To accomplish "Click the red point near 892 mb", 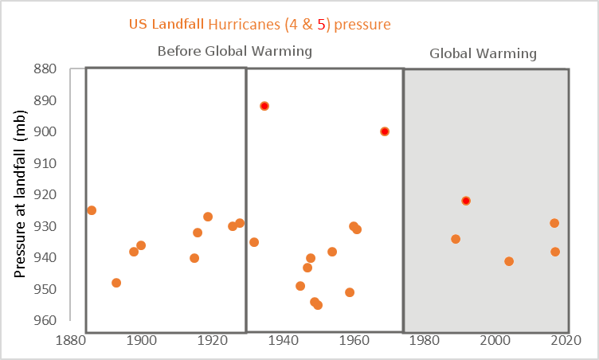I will click(264, 106).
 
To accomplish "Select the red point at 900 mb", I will click(385, 131).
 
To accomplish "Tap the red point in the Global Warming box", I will click(466, 201).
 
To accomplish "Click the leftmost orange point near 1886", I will click(92, 210).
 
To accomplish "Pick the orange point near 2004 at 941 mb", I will click(509, 261).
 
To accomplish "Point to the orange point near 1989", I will click(456, 239).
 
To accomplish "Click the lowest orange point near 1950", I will click(318, 305).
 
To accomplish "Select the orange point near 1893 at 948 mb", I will click(116, 283).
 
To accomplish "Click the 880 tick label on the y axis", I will click(67, 68).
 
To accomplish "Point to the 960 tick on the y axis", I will click(67, 321).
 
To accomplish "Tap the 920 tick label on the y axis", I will click(67, 194).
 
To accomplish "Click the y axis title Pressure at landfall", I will click(22, 194).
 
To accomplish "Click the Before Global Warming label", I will click(233, 51).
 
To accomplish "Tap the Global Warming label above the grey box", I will click(484, 54).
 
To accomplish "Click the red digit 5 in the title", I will click(321, 25).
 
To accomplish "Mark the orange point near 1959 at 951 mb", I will click(350, 292).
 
